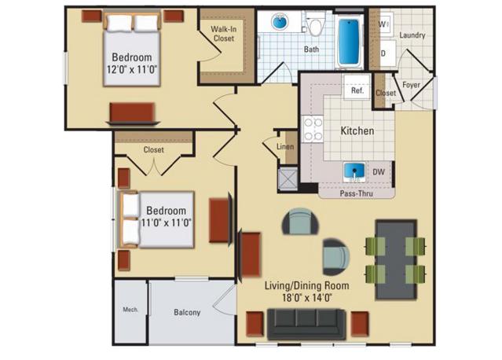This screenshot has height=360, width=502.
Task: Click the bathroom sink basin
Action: point(280,21)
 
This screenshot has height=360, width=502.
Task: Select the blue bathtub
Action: point(349,42)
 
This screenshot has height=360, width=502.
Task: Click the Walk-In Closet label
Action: point(224,34)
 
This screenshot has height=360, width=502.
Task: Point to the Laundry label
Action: point(412,35)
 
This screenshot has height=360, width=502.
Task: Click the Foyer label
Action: point(411,85)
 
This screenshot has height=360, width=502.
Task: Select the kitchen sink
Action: point(354,171)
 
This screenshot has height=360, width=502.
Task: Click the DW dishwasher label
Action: point(379,171)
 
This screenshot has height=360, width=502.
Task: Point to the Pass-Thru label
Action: point(357,193)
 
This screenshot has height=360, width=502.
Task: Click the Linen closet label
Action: point(285,147)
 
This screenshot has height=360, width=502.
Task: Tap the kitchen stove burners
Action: point(313,129)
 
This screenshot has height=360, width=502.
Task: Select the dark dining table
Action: point(396,259)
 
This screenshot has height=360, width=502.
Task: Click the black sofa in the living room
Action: point(306,324)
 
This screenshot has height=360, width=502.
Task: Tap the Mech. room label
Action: point(130,310)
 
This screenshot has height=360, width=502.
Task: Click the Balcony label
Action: point(187,312)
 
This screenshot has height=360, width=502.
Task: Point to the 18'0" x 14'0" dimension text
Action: point(306,298)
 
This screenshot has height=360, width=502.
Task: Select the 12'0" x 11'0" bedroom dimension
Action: point(132,69)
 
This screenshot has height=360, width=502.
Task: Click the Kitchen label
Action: point(357,130)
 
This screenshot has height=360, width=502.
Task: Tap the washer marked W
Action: point(383,24)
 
